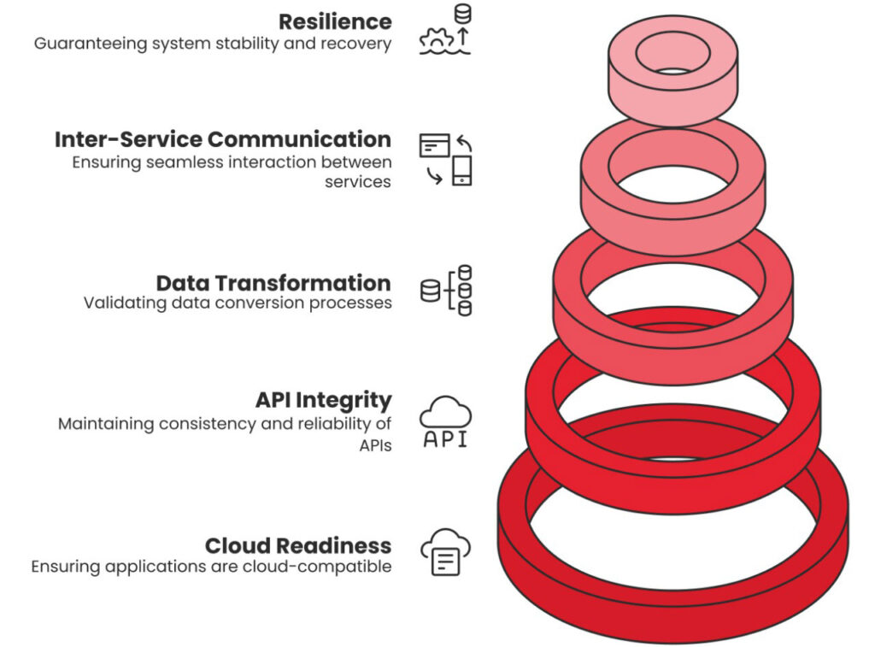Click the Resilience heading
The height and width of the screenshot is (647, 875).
pos(335,21)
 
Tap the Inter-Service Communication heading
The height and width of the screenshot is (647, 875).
pos(223,138)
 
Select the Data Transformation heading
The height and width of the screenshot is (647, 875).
pos(273,283)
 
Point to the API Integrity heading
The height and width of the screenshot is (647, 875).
pos(323,400)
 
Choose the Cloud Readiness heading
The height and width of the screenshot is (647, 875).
pos(298,545)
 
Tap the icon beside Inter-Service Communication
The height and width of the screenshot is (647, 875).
pos(445,159)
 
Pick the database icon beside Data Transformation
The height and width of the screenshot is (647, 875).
pos(447,291)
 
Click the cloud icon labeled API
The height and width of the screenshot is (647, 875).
pos(445,421)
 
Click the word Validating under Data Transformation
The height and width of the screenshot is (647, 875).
pos(117,303)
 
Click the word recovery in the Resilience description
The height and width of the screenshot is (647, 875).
pos(361,44)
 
